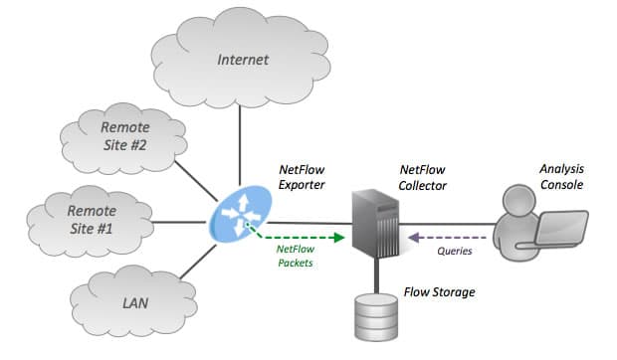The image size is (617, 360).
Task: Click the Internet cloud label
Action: pos(243,60)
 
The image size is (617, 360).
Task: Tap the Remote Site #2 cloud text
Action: pos(125,136)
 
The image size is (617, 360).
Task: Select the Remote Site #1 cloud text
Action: pos(92,220)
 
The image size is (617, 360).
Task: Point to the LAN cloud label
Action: pos(135,303)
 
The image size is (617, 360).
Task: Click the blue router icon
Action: pos(241,214)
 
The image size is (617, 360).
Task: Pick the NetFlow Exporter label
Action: pos(302,177)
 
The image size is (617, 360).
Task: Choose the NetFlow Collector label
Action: pos(422,177)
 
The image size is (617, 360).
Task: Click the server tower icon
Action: pos(375,223)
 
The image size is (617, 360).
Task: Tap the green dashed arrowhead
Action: pos(338,238)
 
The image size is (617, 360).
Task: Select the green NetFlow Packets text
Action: pos(296,256)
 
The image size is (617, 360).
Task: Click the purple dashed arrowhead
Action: pos(413,238)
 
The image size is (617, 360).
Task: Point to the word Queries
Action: pos(455,251)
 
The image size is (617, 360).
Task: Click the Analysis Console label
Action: pos(561,176)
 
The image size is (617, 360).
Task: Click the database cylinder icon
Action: pos(376,316)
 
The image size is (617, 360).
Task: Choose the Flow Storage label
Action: pos(439,292)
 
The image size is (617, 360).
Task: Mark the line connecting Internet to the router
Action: pos(239,145)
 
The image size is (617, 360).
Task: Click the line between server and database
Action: pos(376,275)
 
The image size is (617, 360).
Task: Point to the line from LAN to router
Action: pos(198,262)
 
